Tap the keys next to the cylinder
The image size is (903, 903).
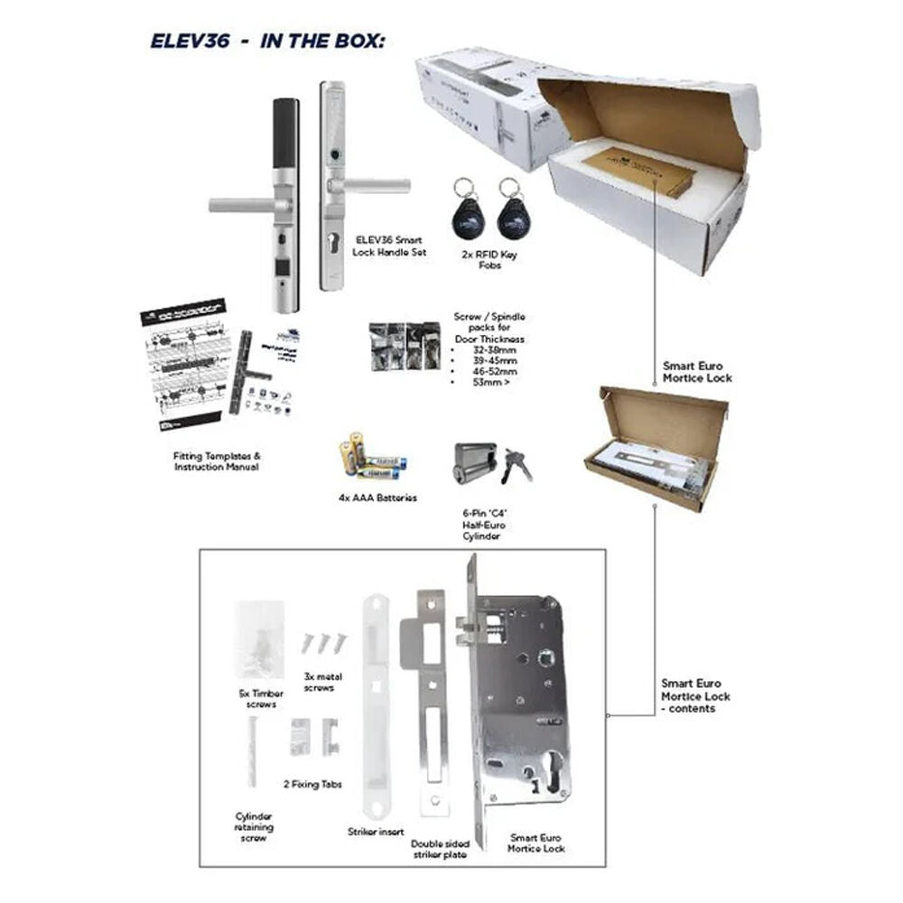(x=517, y=463)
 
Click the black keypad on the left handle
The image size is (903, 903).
(x=285, y=141)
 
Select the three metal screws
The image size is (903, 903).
(x=323, y=642)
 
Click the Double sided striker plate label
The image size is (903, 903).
(x=434, y=847)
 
